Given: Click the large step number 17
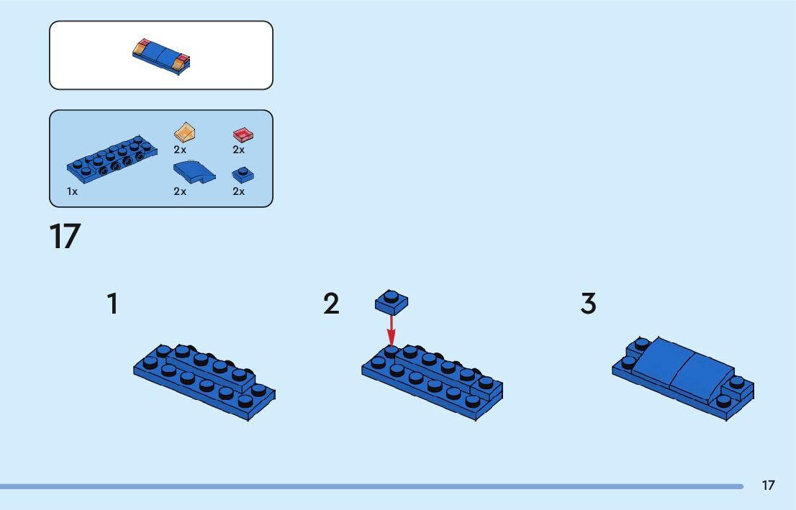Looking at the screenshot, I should [65, 237].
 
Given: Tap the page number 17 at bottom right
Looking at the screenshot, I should [768, 486].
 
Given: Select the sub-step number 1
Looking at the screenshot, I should [112, 304].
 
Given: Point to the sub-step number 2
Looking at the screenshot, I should [331, 304].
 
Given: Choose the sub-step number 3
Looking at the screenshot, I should [588, 304].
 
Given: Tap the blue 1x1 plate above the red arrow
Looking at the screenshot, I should [392, 302].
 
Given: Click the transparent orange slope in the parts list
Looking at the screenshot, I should [186, 132].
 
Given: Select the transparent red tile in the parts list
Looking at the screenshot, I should [243, 135].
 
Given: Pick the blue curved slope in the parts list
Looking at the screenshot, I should [193, 172].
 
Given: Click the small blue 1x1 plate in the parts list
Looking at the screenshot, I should [243, 174].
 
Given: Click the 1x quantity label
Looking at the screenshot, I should [72, 191].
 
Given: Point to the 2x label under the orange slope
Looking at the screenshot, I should [180, 150].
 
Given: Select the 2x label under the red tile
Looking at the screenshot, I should [238, 150].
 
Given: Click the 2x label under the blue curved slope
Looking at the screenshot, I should [180, 191].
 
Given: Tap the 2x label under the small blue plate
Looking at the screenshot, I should [238, 191].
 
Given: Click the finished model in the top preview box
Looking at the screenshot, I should [162, 56].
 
